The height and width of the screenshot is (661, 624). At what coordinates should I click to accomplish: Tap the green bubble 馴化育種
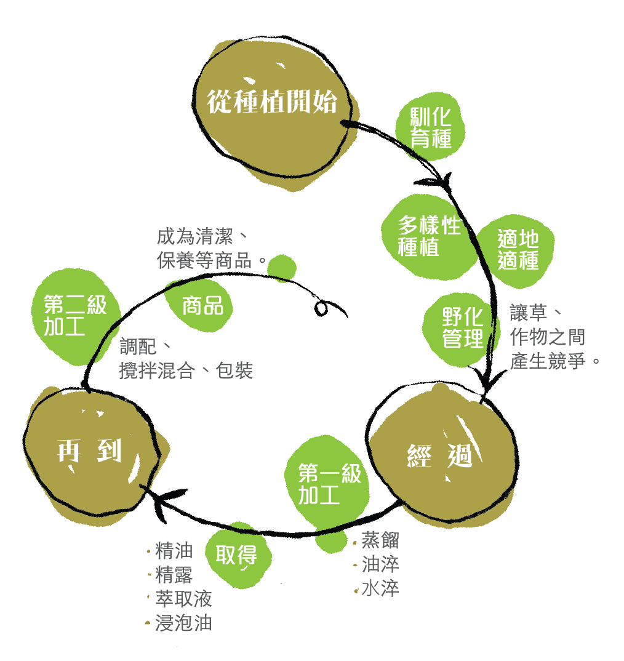[x=430, y=126]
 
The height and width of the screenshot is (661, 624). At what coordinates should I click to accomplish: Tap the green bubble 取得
[x=238, y=555]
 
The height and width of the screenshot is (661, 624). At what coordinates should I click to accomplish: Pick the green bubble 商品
[x=201, y=305]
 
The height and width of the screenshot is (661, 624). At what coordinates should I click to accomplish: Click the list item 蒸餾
[x=380, y=540]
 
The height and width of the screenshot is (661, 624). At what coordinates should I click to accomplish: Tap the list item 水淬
[x=380, y=588]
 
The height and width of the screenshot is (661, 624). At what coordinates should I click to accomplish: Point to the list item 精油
[x=174, y=551]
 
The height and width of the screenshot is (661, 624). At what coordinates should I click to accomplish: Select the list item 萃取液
[x=183, y=599]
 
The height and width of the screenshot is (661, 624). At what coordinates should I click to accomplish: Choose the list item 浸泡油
[x=183, y=623]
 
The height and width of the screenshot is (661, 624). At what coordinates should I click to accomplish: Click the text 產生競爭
[x=548, y=361]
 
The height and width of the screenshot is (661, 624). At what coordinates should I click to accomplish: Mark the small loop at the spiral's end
[x=321, y=308]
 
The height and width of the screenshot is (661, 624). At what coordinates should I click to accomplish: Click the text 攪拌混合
[x=158, y=371]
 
